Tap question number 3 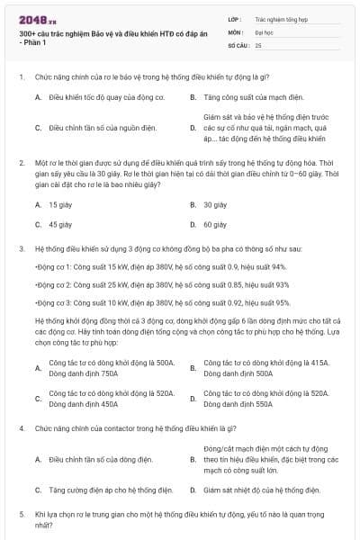point(21,247)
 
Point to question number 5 point(21,513)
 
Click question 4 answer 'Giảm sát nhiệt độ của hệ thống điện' point(261,490)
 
